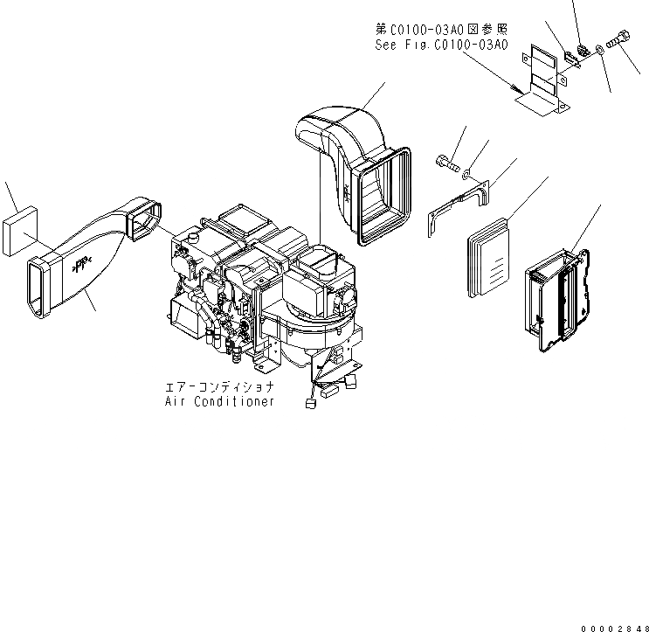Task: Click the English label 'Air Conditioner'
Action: (219, 401)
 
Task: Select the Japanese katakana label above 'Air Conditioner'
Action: (220, 385)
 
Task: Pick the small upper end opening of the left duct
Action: (143, 219)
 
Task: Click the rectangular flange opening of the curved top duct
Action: (382, 193)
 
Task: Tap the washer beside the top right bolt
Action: (599, 49)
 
